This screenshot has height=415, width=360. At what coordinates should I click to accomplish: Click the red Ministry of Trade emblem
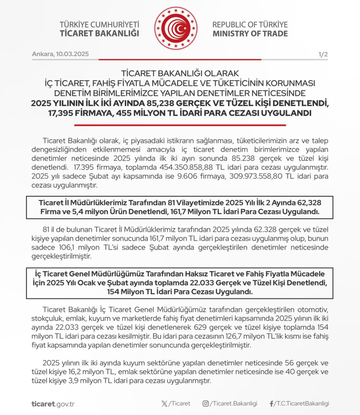tap(176, 29)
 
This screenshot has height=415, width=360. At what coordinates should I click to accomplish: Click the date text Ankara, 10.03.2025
tap(60, 55)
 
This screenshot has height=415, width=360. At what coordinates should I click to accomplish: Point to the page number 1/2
tap(323, 55)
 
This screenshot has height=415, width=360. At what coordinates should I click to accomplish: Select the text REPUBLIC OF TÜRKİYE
tap(250, 24)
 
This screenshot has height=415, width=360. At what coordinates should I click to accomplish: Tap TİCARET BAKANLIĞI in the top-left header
tap(99, 34)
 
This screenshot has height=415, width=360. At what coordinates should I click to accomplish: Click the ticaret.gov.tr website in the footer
tap(53, 404)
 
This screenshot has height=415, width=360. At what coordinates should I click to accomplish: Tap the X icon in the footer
tap(165, 403)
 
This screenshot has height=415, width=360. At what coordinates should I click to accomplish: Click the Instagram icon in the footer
tap(205, 403)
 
